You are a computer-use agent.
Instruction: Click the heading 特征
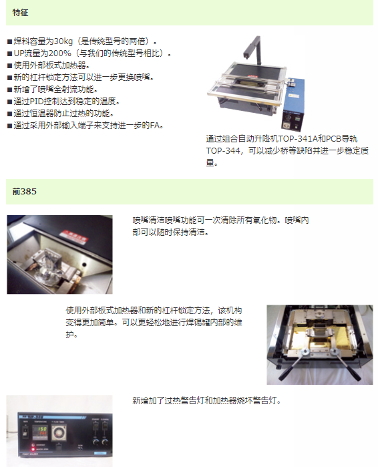20,13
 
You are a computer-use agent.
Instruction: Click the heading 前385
25,192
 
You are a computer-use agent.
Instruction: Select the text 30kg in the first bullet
63,41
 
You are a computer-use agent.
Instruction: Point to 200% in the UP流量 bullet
60,53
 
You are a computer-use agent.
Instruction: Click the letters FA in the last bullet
155,126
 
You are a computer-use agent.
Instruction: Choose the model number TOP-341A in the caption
297,139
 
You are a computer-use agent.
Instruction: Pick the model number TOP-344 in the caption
223,151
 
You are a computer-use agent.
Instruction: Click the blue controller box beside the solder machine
293,104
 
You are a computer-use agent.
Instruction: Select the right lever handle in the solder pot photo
345,365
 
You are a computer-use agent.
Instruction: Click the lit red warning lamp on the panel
33,445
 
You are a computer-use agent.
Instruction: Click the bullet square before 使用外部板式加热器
10,66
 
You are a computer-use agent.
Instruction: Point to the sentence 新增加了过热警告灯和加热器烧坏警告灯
207,401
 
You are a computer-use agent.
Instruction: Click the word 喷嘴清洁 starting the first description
148,220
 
